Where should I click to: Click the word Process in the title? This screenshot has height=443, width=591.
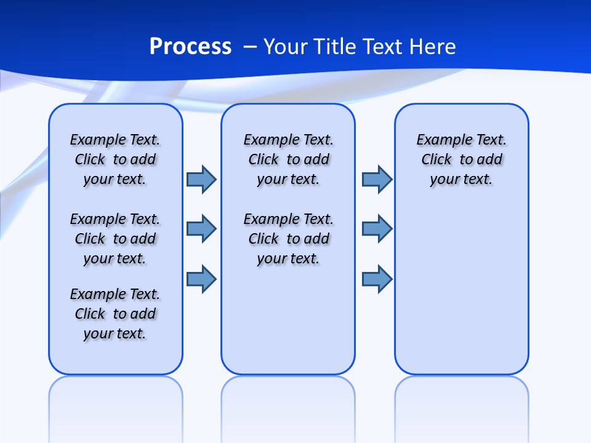(190, 46)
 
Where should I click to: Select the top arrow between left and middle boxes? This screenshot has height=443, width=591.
(201, 179)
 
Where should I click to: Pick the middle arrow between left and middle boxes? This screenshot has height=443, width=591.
(201, 229)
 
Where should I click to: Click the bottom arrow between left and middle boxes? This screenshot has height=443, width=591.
(201, 279)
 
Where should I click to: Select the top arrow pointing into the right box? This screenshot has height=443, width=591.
(377, 179)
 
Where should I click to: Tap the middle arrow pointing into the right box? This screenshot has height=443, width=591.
(377, 229)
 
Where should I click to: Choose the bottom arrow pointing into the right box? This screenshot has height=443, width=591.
(377, 279)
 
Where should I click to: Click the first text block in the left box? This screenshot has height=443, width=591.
(115, 159)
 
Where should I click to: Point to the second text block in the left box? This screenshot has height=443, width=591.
(115, 239)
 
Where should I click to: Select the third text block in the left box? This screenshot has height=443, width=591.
(115, 314)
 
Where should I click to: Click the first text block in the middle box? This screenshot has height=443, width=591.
(288, 159)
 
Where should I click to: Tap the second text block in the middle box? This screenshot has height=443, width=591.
(288, 239)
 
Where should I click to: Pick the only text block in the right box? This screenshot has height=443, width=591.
(461, 159)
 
